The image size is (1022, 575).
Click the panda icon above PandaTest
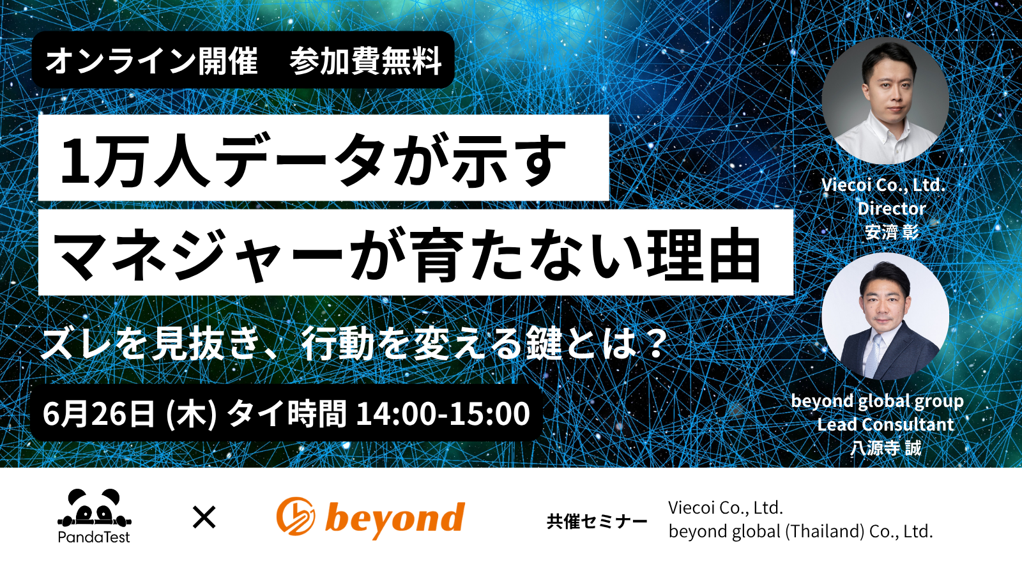click(95, 507)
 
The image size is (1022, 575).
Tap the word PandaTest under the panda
click(94, 537)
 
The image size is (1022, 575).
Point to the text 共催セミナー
click(597, 521)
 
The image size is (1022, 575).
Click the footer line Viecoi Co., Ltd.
click(726, 507)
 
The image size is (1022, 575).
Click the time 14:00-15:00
click(443, 414)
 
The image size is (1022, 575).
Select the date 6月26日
click(98, 414)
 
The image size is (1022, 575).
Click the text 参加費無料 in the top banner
click(365, 60)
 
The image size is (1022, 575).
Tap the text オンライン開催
click(151, 60)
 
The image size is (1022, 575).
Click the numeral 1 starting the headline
click(75, 160)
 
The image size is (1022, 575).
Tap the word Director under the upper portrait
click(892, 208)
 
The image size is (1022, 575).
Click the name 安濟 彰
click(892, 233)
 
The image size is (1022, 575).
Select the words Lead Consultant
click(885, 425)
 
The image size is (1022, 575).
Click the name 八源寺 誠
click(885, 448)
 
